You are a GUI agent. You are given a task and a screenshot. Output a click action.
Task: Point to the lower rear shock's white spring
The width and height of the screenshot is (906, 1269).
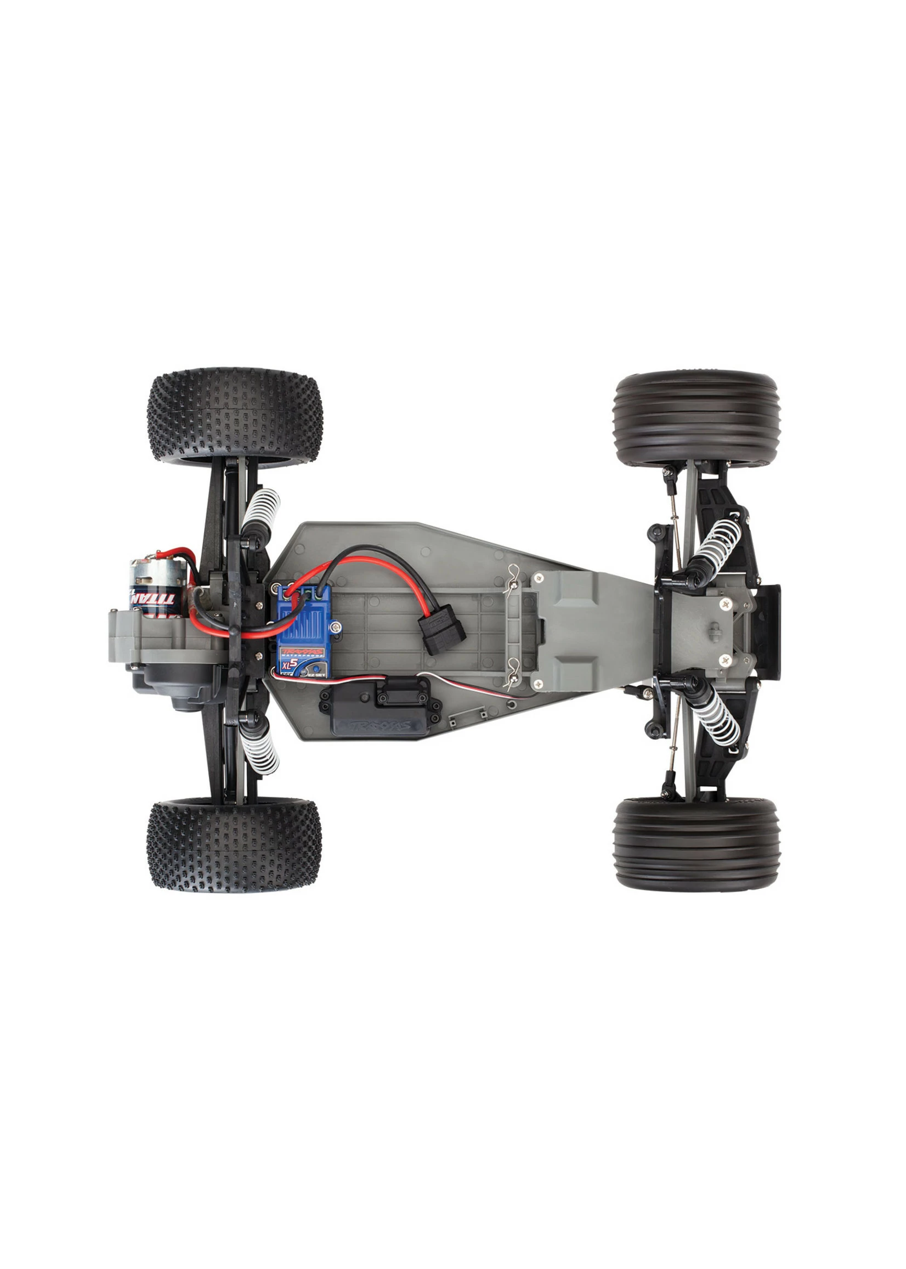[260, 751]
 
